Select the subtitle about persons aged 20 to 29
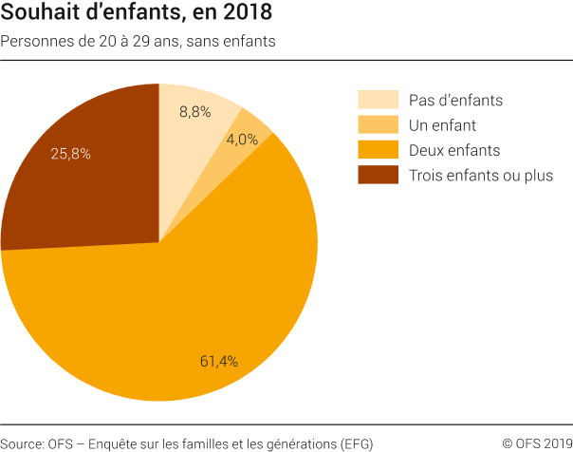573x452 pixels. click(x=139, y=42)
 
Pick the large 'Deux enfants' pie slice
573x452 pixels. click(x=190, y=304)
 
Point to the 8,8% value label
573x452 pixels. click(x=194, y=111)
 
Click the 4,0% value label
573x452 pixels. click(x=242, y=139)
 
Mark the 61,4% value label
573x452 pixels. click(x=218, y=361)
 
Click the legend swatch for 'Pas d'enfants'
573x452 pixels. click(x=377, y=100)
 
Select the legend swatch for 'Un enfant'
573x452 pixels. click(x=377, y=124)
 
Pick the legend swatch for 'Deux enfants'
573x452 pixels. click(x=377, y=150)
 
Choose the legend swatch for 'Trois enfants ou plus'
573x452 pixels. click(x=377, y=175)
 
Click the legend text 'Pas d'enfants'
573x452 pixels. click(x=454, y=100)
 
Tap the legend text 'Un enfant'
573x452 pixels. click(x=441, y=124)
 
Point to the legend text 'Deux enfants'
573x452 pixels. click(x=453, y=150)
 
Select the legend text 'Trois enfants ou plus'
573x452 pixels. click(x=480, y=175)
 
